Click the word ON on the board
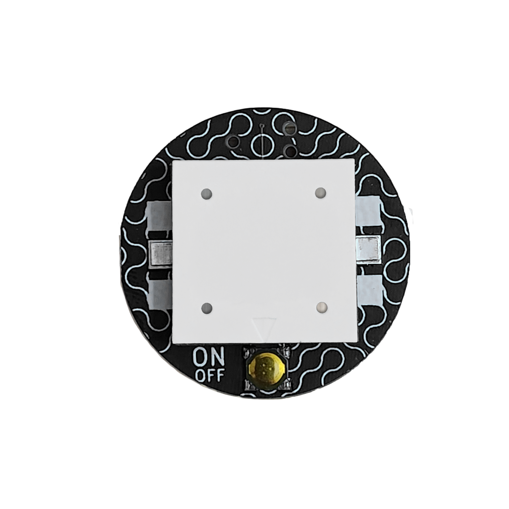click(x=209, y=358)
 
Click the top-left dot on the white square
click(x=207, y=194)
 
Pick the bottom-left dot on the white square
click(x=207, y=308)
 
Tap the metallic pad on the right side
click(x=369, y=249)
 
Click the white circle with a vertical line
click(x=262, y=144)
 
